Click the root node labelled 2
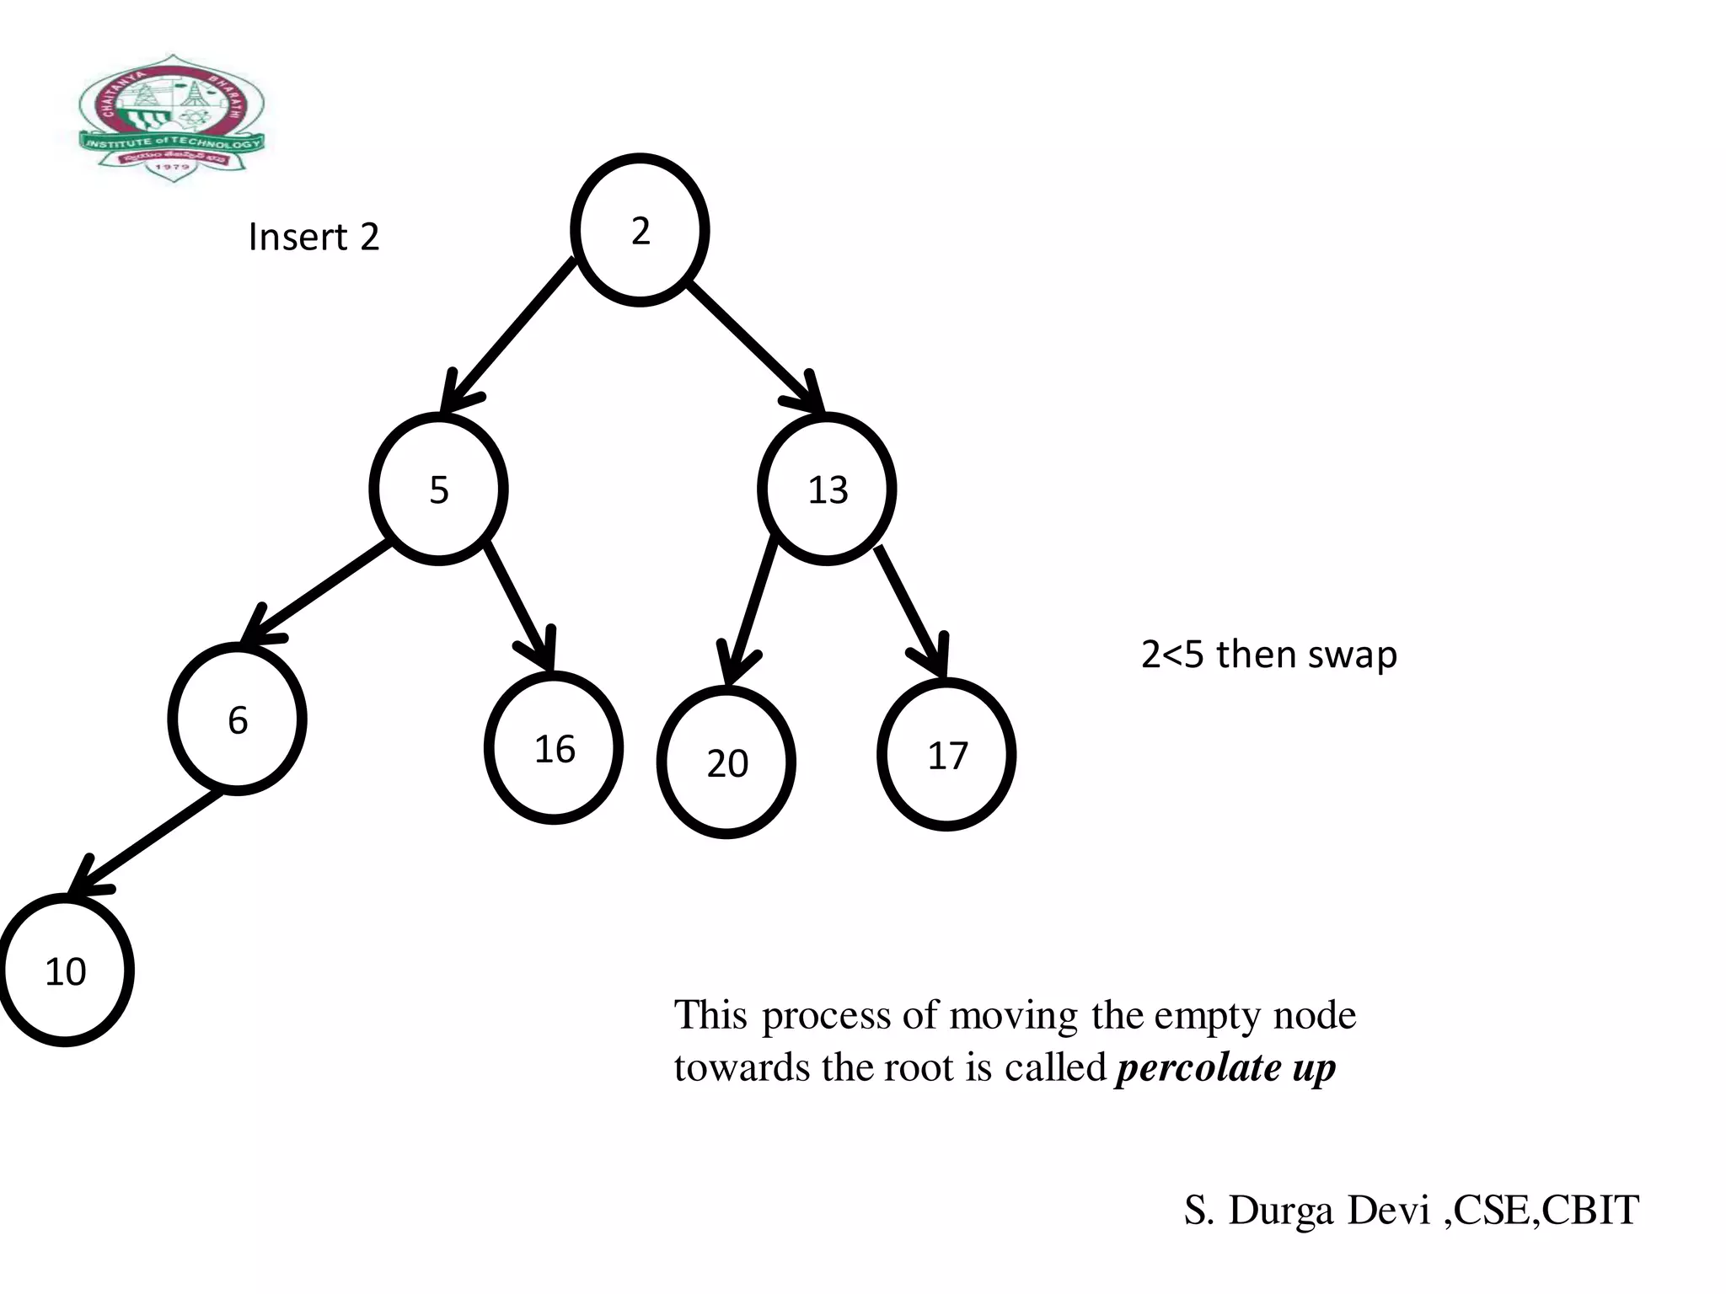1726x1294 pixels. [x=640, y=230]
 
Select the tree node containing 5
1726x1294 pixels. [x=438, y=489]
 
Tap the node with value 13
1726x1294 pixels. [x=827, y=489]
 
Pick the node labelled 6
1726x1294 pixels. [x=238, y=719]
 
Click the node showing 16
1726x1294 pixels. [x=554, y=748]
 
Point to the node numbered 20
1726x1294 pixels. [x=726, y=762]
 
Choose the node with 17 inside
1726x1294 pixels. [x=946, y=755]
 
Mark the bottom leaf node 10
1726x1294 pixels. [x=65, y=970]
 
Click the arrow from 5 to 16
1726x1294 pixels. [x=519, y=607]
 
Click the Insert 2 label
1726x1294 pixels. [x=314, y=237]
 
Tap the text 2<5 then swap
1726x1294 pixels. [x=1268, y=655]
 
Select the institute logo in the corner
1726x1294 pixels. [x=173, y=118]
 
